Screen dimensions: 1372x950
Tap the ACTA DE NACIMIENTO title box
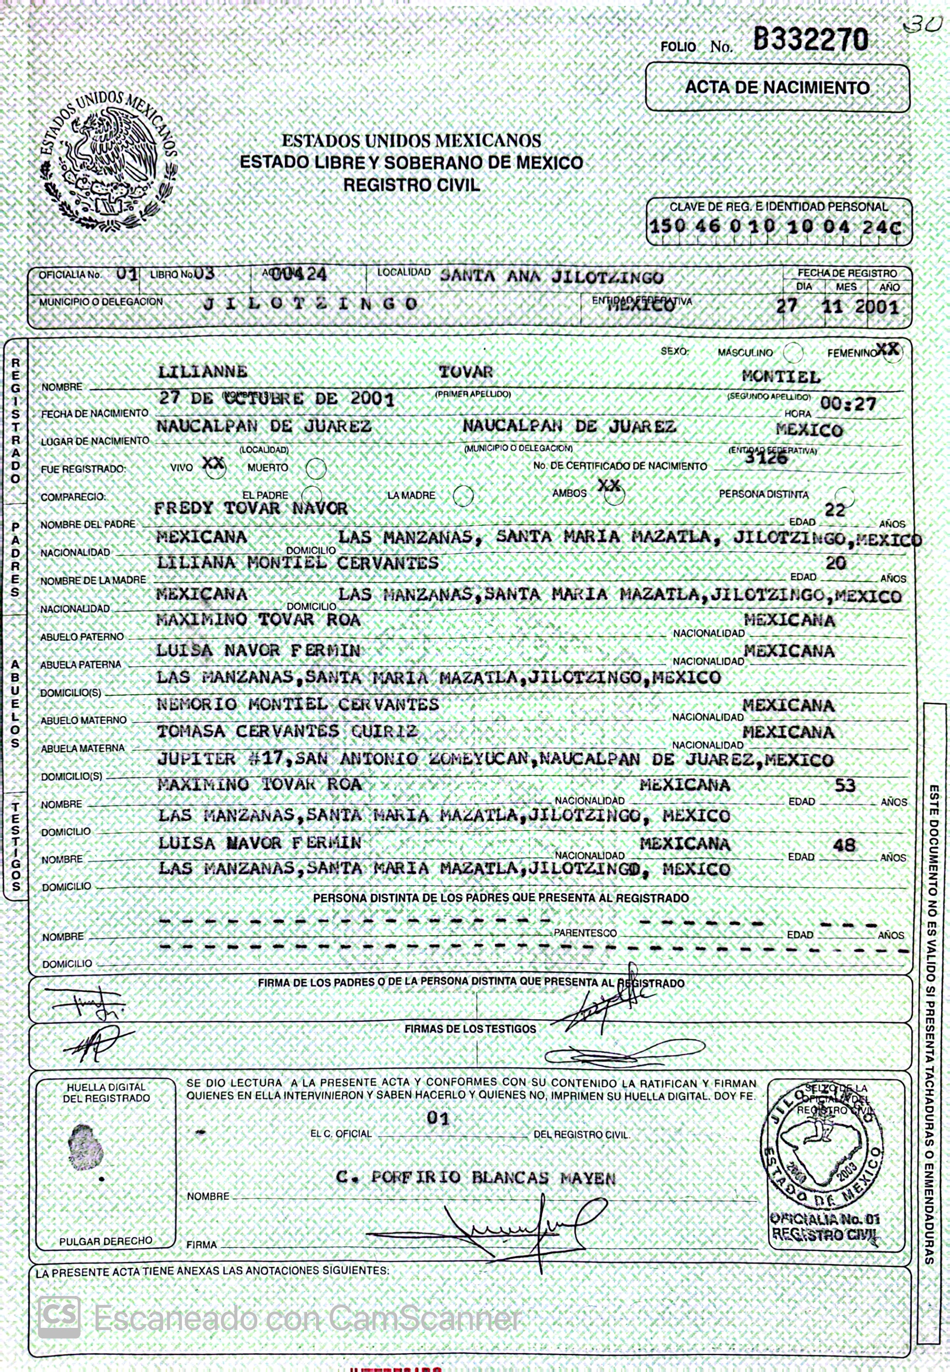click(x=777, y=87)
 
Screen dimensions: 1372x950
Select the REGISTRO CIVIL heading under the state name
click(x=411, y=185)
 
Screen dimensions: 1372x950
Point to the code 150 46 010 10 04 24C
click(x=775, y=227)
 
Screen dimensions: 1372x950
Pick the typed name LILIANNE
click(x=202, y=372)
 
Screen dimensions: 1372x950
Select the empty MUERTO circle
click(x=316, y=468)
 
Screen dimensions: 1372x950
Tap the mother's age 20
click(x=835, y=563)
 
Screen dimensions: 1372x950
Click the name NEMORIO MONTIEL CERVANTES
click(x=298, y=704)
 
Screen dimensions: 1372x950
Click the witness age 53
click(x=844, y=786)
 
